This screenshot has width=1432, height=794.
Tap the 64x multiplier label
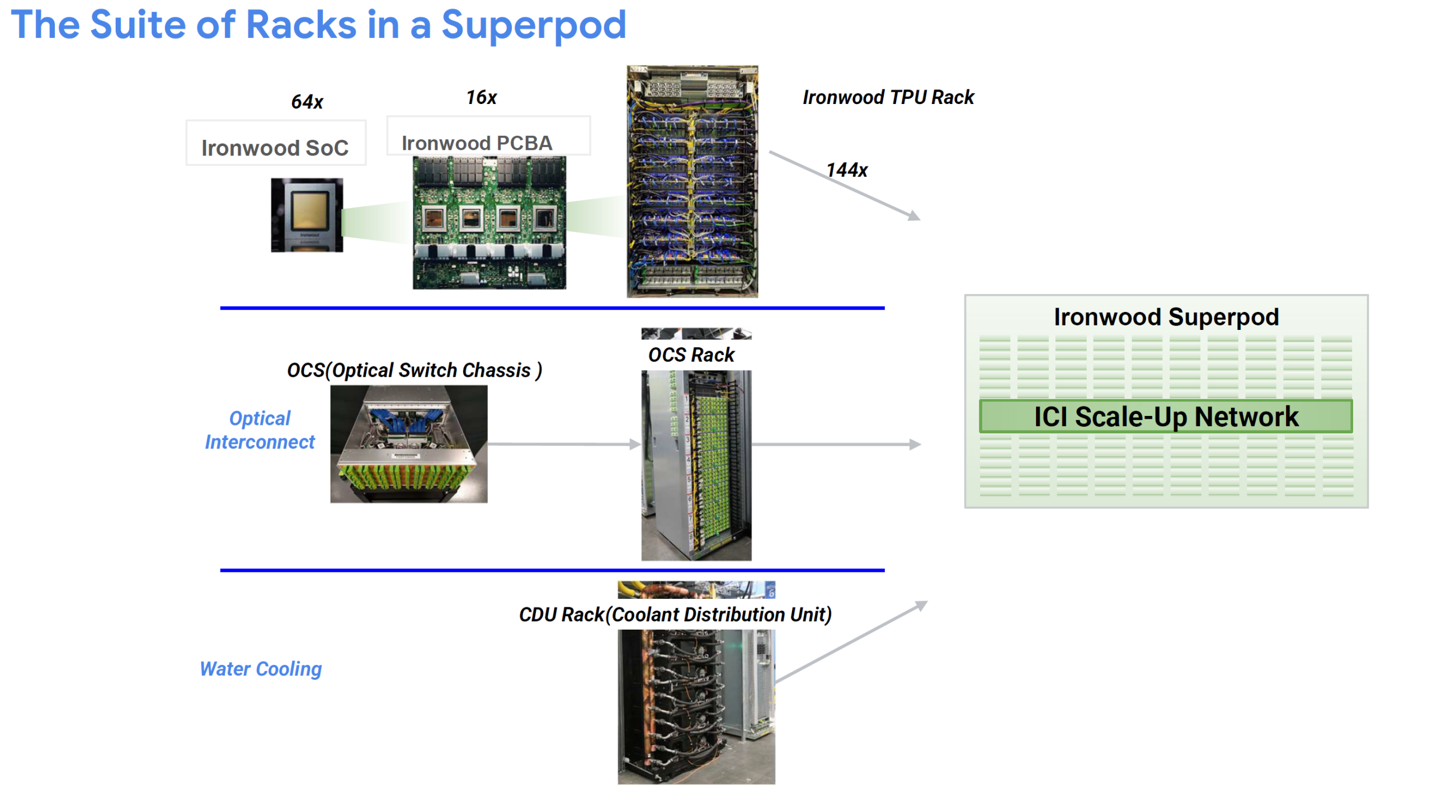coord(307,102)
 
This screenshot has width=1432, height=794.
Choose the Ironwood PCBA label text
coord(476,143)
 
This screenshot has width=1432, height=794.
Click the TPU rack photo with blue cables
coord(691,182)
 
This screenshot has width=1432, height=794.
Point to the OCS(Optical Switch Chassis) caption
coord(413,370)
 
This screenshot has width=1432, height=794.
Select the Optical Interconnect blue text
coord(260,430)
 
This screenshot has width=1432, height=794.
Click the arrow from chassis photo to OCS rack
coord(562,444)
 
